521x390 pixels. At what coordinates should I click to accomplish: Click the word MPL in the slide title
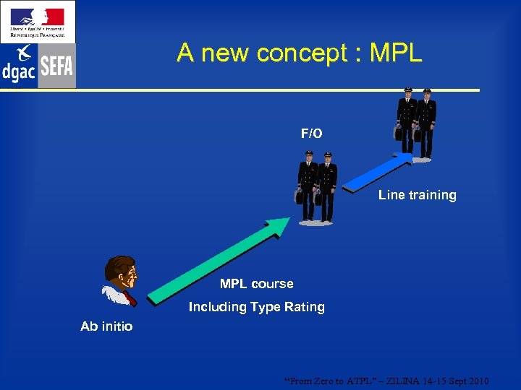(396, 53)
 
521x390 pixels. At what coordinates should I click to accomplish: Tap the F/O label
(312, 134)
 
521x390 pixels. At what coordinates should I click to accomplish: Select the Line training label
(417, 195)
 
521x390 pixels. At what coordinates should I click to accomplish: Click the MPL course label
(256, 284)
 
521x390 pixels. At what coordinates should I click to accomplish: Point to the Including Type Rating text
(256, 307)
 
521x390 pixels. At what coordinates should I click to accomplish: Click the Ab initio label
(106, 326)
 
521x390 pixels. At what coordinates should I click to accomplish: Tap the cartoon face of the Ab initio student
(121, 272)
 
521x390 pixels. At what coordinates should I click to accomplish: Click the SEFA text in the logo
(57, 67)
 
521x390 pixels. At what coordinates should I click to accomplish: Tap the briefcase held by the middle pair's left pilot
(300, 196)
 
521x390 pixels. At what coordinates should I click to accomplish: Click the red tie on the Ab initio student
(130, 297)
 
